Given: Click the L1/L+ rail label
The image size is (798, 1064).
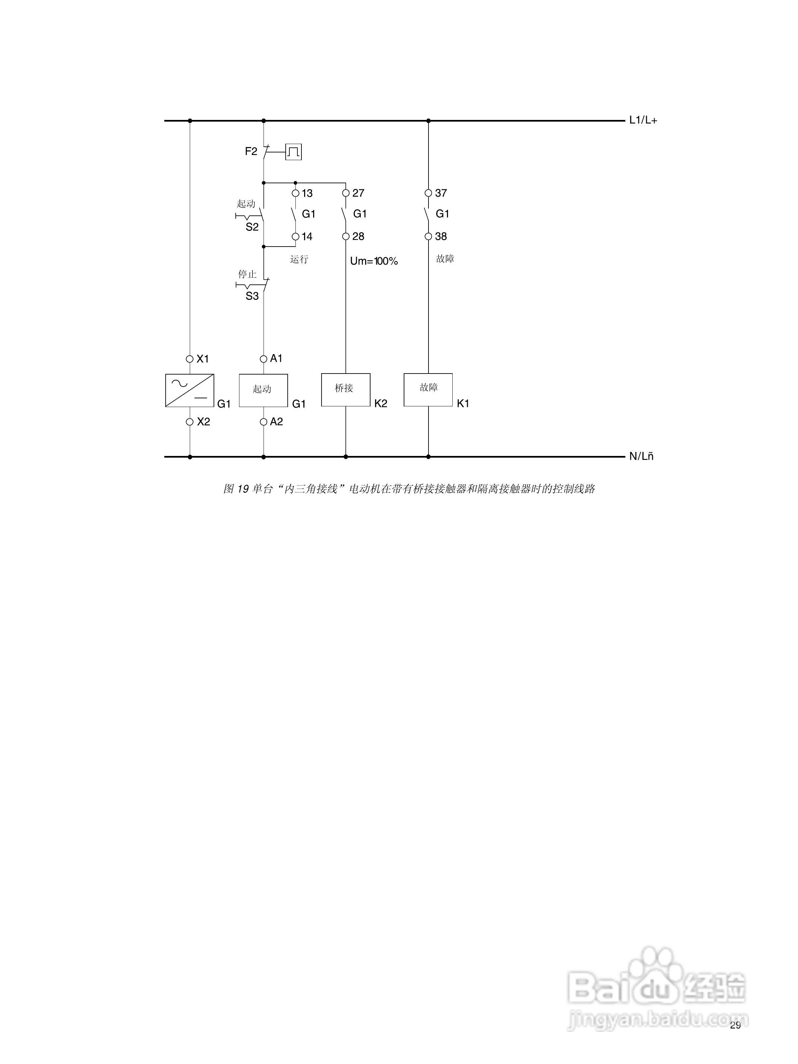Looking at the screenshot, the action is point(642,120).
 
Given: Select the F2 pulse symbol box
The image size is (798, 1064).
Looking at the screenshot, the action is point(293,152).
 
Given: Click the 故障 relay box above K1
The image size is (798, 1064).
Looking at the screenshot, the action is point(428,390).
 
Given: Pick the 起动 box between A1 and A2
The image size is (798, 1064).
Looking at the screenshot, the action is point(263,390).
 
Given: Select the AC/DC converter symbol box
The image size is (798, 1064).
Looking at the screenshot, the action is point(190,390).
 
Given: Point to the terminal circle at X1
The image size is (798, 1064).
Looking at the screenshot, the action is point(190,359).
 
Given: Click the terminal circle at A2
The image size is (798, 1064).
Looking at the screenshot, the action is point(263,422).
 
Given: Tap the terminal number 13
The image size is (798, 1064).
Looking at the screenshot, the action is point(307,193).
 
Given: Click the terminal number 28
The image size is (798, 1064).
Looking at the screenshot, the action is point(358,237).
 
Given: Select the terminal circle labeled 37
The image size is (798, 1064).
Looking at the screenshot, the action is point(429,193).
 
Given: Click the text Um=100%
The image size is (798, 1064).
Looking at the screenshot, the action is point(374,261).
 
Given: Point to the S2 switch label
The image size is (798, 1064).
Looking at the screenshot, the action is point(252,227).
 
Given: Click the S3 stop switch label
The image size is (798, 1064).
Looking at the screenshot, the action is point(252,296).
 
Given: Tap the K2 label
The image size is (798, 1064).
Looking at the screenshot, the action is point(380,404).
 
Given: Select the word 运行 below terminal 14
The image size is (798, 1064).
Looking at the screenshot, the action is point(299,259).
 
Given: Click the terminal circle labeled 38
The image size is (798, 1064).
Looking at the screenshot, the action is point(429,237).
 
